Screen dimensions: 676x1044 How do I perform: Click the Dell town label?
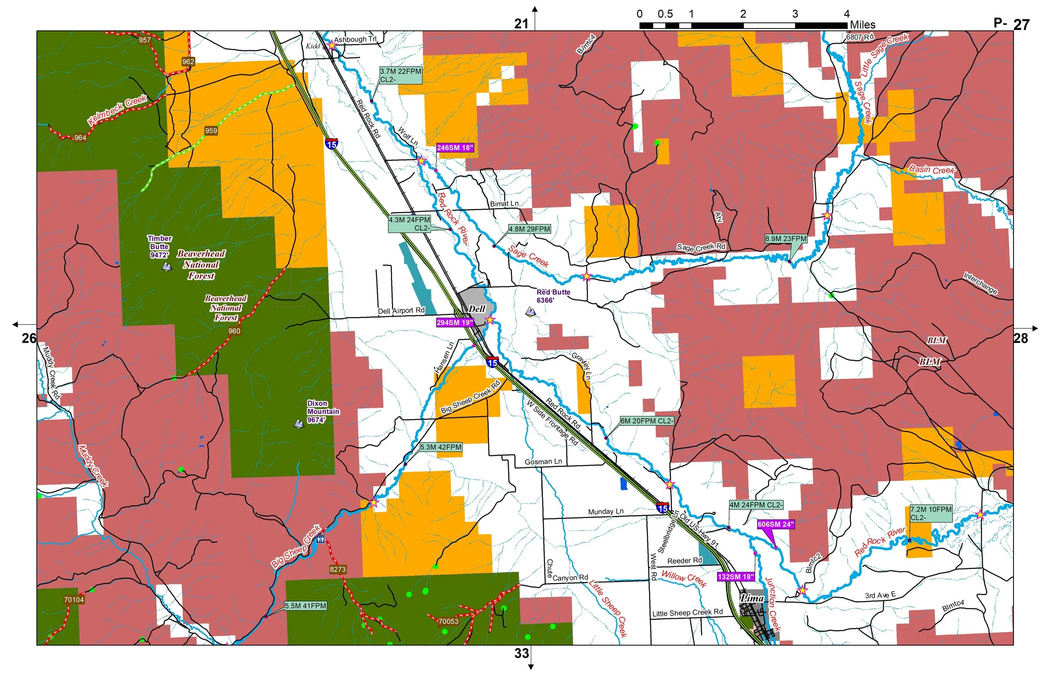pos(476,309)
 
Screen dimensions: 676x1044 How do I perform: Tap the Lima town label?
pos(752,598)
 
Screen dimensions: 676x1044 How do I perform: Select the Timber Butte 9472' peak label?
pos(160,247)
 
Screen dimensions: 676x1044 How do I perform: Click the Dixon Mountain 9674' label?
pos(322,412)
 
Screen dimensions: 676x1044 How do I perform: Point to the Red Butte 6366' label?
pos(553,296)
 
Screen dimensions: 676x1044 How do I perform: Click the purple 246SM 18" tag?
pos(455,148)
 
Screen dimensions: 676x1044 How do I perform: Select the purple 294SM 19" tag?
pos(455,323)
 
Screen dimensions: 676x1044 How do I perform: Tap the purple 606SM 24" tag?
pos(775,525)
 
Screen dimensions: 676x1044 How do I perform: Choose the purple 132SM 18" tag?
pos(736,577)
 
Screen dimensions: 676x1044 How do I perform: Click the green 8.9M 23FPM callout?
pos(786,239)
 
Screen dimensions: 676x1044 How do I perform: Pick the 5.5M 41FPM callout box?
pos(305,606)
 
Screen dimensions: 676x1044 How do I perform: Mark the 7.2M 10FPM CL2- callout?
pos(930,513)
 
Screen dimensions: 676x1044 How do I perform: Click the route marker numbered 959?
pos(211,131)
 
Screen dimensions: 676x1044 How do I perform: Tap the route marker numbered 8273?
pos(337,570)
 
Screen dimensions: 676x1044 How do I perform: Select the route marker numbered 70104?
pos(73,600)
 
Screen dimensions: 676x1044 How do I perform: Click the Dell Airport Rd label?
pos(401,311)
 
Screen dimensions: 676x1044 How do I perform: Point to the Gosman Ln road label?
pos(543,462)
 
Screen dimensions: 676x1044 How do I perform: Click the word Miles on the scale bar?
pos(862,25)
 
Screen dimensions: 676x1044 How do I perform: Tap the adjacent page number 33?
pos(521,653)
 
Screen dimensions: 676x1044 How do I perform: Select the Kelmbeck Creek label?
pos(117,110)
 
